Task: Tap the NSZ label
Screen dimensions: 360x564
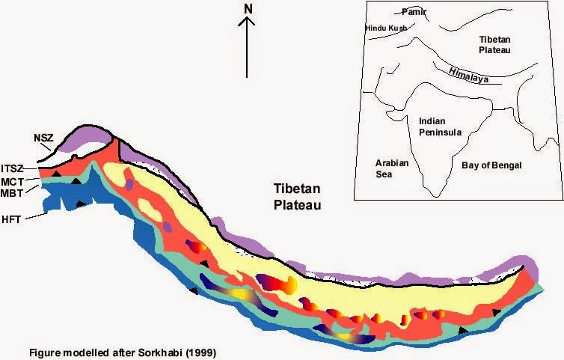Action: point(43,138)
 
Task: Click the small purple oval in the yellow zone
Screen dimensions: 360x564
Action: point(129,184)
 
